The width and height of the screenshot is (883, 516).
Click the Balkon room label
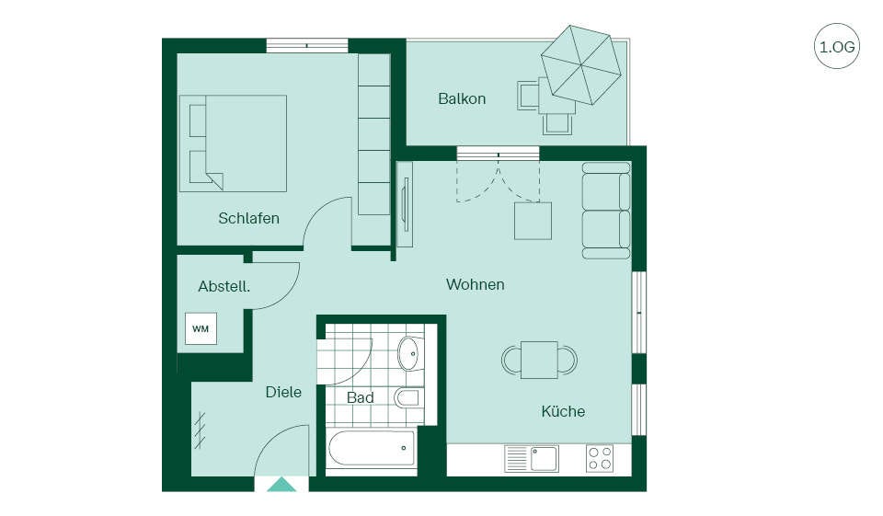tap(462, 98)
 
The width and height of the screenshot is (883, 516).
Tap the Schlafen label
tap(249, 218)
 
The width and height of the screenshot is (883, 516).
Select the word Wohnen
tap(476, 284)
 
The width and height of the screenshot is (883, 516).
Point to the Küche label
tap(563, 411)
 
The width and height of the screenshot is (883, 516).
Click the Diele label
tap(283, 392)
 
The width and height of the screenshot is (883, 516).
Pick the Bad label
tap(361, 397)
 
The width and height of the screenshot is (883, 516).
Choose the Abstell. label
tap(224, 286)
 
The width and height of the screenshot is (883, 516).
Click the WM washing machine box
tap(201, 328)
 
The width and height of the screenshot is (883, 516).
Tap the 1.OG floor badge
tap(837, 46)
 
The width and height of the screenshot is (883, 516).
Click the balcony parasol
tap(581, 64)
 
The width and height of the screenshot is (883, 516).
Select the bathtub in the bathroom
tap(372, 449)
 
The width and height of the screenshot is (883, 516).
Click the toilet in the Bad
tap(407, 397)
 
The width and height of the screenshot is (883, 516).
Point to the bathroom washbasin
tap(410, 354)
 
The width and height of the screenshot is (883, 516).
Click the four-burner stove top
tap(600, 459)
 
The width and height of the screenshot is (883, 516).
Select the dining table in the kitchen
tap(540, 360)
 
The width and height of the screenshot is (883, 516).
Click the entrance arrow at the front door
tap(281, 485)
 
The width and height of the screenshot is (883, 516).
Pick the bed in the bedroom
tap(233, 143)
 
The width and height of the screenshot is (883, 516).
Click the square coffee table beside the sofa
tap(533, 220)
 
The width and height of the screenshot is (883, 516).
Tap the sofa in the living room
tap(606, 211)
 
